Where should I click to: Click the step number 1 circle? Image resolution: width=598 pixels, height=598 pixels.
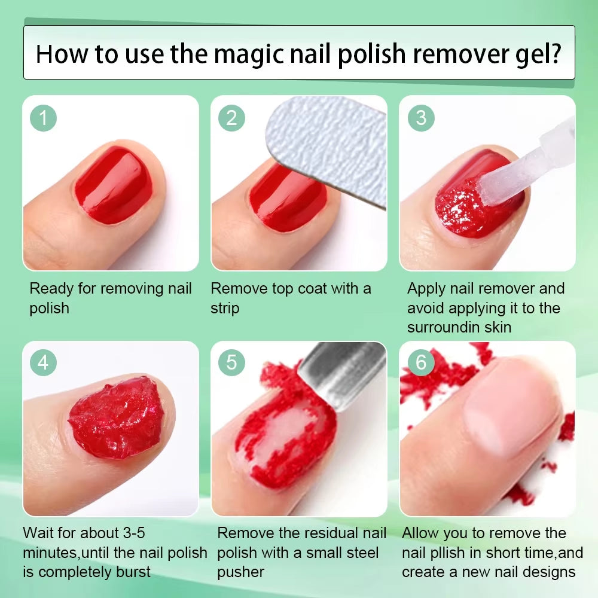pos(43,117)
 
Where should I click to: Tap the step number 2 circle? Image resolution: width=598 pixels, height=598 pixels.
pos(231,117)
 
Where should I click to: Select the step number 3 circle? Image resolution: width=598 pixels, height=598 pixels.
pos(421,117)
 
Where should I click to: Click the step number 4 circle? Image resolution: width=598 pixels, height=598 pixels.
pos(43,362)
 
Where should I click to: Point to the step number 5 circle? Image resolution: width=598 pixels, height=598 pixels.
pos(231,362)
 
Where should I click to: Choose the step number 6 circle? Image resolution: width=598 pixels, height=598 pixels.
pos(421,362)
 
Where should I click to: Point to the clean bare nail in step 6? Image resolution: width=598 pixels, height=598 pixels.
pos(508,413)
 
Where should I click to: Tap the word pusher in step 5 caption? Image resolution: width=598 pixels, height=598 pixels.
pos(240,572)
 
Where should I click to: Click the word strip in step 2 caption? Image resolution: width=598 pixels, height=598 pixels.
pos(224,309)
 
